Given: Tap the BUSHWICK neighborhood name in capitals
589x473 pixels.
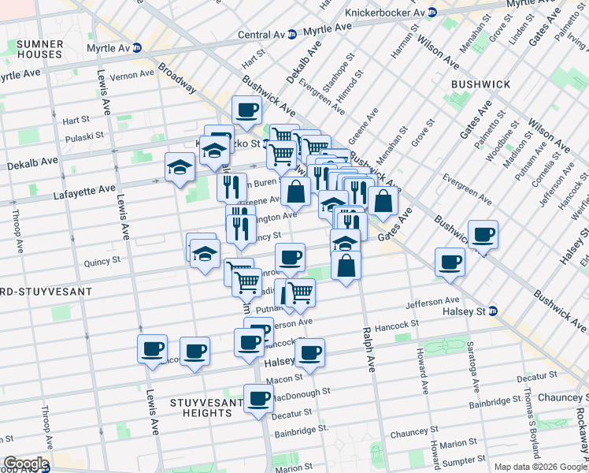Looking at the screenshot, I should pos(480,84).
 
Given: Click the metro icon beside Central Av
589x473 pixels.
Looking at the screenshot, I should pos(292,35).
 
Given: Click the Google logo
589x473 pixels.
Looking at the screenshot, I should pos(25,464).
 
